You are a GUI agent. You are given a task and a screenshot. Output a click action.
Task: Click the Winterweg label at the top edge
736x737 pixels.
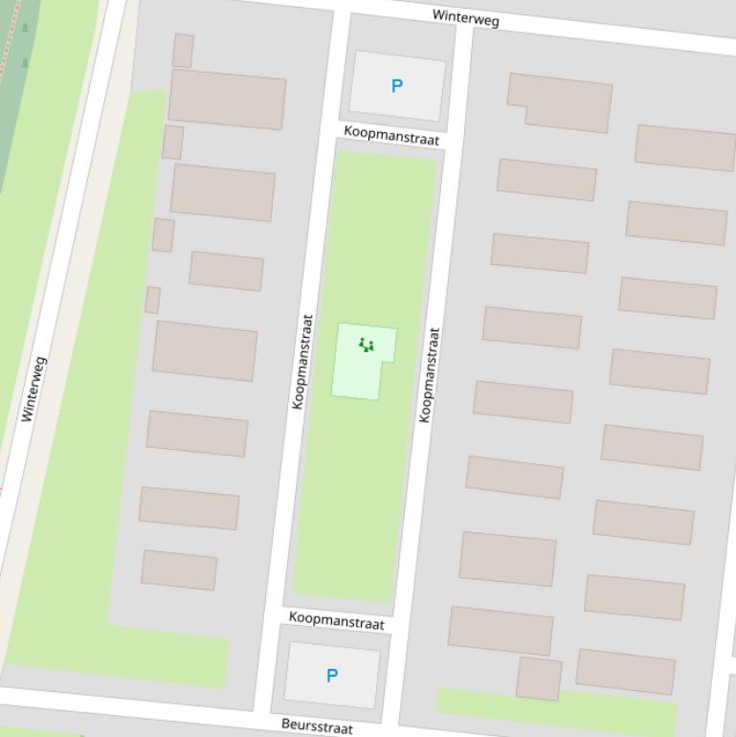(465, 17)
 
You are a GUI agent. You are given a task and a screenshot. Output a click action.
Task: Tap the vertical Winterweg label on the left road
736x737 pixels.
(33, 389)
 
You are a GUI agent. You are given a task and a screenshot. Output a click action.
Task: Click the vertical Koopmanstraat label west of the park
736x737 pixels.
(302, 362)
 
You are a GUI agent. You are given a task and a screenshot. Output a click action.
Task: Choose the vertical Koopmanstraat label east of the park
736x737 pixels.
(430, 374)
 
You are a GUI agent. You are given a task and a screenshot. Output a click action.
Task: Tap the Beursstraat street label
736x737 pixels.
(317, 726)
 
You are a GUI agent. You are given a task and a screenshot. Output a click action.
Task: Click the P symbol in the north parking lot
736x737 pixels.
(397, 86)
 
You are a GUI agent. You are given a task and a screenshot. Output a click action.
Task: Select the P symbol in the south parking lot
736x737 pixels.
(332, 676)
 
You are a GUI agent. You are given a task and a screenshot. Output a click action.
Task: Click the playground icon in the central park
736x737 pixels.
(366, 345)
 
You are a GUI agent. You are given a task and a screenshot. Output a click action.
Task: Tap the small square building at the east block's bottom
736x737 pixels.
(539, 678)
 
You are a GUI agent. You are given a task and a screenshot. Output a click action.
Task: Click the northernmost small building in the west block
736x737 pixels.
(183, 51)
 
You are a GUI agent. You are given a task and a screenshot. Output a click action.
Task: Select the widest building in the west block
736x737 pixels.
(227, 99)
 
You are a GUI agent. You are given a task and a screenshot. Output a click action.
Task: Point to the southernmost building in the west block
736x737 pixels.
(179, 570)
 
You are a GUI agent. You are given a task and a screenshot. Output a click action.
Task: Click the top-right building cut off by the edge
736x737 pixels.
(685, 147)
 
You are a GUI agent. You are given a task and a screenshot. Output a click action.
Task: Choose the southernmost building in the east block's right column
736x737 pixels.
(626, 671)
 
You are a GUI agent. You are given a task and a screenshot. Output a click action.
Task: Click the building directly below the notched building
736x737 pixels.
(546, 179)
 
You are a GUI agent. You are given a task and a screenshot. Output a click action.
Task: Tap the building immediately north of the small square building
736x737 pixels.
(501, 630)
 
